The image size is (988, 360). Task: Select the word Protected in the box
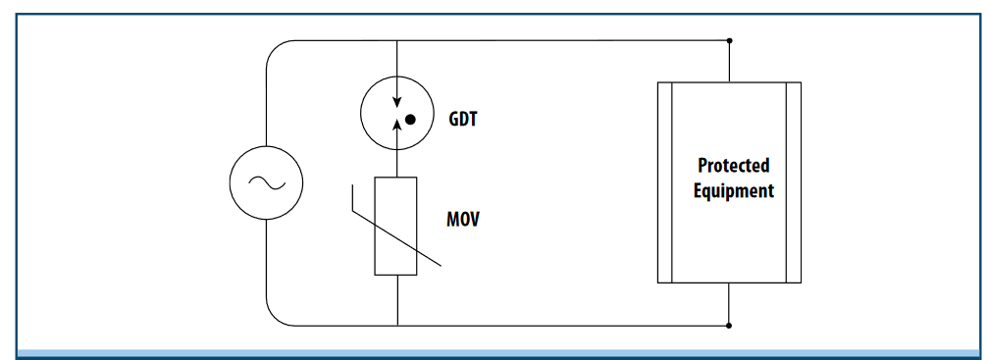click(x=733, y=166)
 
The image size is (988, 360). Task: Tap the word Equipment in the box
click(x=733, y=190)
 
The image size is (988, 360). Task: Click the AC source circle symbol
click(x=266, y=181)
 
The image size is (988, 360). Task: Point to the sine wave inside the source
click(x=266, y=181)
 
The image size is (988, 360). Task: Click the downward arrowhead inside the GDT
click(x=396, y=103)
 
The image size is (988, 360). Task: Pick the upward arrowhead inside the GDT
click(x=396, y=123)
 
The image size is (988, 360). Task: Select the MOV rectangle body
click(x=396, y=227)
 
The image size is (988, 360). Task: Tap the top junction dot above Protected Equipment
click(x=729, y=41)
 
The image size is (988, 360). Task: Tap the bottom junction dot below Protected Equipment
click(x=729, y=325)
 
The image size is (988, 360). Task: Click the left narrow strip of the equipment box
click(x=664, y=182)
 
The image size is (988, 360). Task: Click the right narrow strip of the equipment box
click(x=794, y=182)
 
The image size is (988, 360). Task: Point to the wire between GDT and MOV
click(x=396, y=165)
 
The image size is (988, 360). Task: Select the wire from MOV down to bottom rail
click(x=396, y=300)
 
